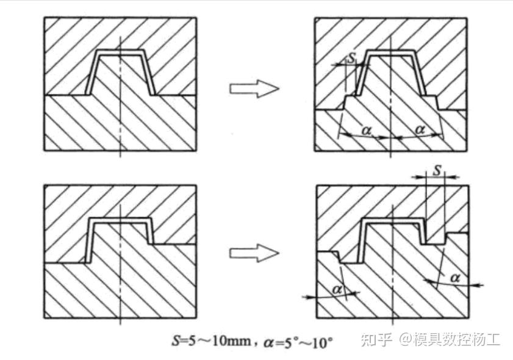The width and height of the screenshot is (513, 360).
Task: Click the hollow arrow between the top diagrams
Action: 254,89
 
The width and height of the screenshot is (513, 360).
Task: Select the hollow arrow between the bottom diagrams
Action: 254,253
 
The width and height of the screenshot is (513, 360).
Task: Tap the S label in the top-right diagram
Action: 351,58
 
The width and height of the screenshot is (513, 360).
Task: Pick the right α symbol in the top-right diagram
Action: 419,129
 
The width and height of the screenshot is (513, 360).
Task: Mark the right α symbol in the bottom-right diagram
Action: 454,278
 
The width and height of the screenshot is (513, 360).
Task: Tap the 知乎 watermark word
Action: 373,339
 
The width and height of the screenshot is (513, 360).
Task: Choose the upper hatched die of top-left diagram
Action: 67,49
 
